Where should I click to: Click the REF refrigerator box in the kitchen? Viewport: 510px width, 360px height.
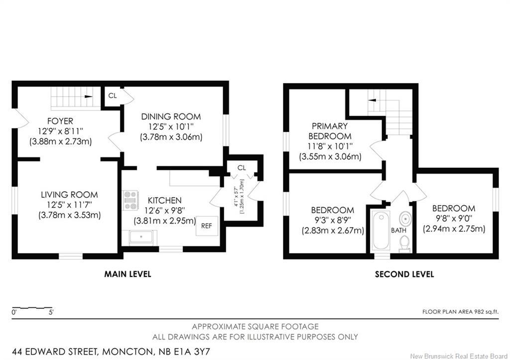[x=206, y=226]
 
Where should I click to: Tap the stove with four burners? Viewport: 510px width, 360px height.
[x=131, y=200]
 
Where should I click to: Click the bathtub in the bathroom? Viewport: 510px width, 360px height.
[x=381, y=230]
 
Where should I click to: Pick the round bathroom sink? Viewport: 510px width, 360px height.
[x=405, y=219]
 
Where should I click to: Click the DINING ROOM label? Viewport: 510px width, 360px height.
[x=171, y=117]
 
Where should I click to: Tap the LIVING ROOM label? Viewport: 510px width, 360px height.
[x=69, y=195]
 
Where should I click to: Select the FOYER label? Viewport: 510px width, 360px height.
[x=60, y=121]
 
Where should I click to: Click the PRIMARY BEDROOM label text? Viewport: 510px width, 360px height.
[x=330, y=131]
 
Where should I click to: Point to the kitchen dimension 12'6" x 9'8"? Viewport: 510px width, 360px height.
[x=164, y=211]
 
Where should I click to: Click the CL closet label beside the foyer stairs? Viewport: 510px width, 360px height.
[x=113, y=96]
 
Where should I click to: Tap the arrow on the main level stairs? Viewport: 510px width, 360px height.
[x=88, y=97]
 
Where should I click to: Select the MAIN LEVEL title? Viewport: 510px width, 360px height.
[x=127, y=274]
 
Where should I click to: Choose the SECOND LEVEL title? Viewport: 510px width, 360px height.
[x=404, y=274]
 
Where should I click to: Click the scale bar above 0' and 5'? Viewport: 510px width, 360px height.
[x=32, y=307]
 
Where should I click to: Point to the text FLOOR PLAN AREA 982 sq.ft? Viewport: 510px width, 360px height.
[x=460, y=312]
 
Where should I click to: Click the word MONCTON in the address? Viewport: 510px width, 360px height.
[x=126, y=352]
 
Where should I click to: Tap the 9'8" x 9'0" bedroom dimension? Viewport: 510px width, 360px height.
[x=454, y=218]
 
